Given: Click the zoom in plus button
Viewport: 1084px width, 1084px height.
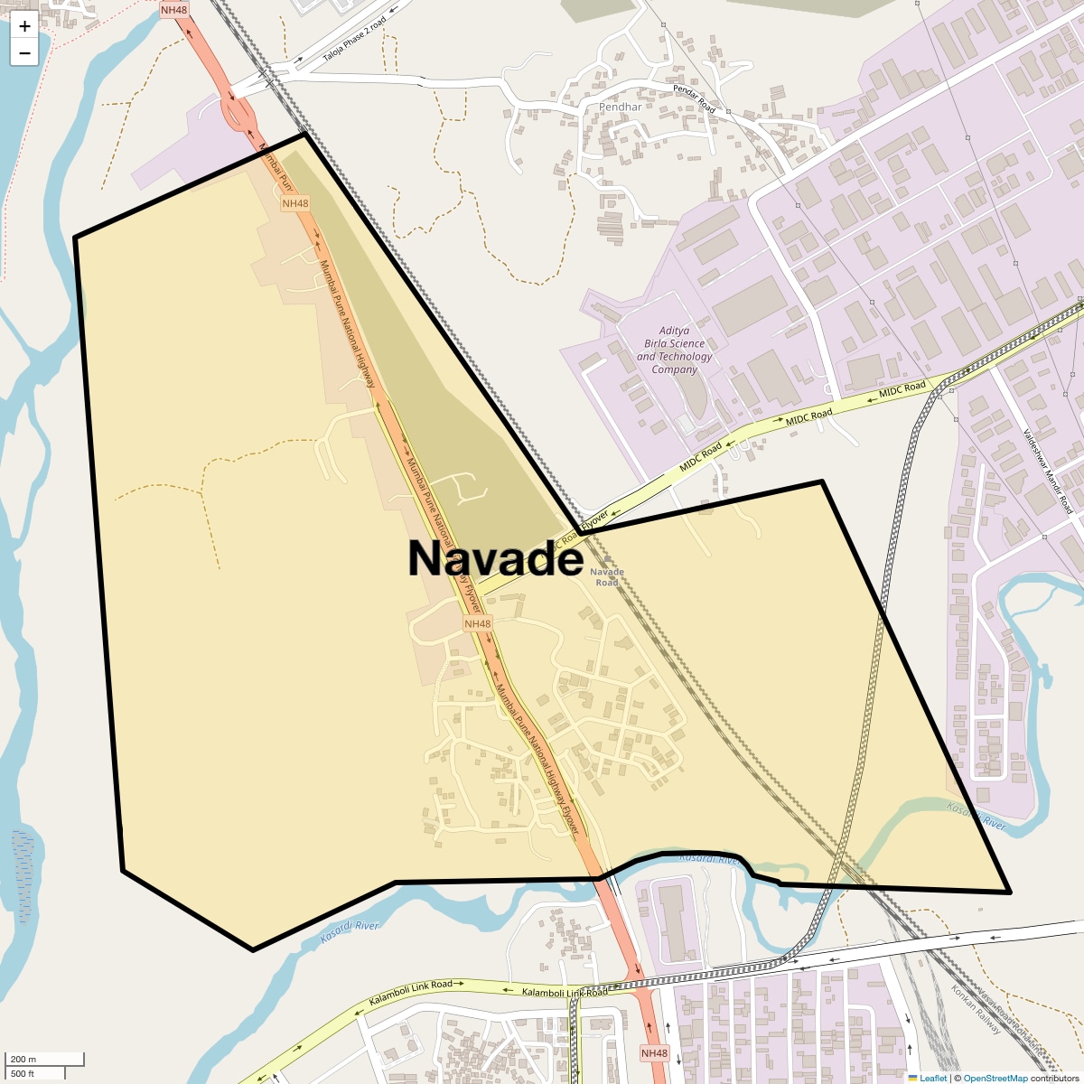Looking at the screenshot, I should [24, 26].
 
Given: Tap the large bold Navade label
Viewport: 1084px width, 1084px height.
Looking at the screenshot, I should [495, 557].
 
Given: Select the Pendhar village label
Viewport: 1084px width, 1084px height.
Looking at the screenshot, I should [620, 107].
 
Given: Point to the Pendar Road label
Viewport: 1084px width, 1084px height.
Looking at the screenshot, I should [694, 98].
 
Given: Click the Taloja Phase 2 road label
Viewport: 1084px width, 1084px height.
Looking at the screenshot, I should [354, 41].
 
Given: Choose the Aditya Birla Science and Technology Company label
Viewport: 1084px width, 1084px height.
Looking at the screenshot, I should [674, 350].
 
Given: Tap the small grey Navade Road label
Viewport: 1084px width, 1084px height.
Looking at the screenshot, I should [607, 576].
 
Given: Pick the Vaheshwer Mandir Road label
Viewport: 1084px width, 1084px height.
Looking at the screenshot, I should [1048, 471].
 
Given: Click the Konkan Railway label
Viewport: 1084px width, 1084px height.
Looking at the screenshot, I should [976, 1010].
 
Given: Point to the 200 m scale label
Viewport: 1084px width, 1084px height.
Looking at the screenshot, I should [24, 1059].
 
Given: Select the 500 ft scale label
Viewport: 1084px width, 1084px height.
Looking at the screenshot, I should [23, 1073].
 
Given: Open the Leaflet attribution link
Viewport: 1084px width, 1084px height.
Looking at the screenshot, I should [932, 1078].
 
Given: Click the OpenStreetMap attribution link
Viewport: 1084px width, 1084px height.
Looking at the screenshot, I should [995, 1078].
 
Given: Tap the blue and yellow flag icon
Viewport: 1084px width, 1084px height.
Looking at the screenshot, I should [913, 1078].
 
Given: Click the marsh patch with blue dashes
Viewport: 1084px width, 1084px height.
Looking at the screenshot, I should [23, 858].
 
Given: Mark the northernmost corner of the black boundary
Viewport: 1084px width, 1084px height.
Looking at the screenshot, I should [305, 135].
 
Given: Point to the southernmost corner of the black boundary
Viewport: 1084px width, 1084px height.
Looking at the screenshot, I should [253, 949].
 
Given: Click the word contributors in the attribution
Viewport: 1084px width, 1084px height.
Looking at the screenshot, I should [1054, 1078].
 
